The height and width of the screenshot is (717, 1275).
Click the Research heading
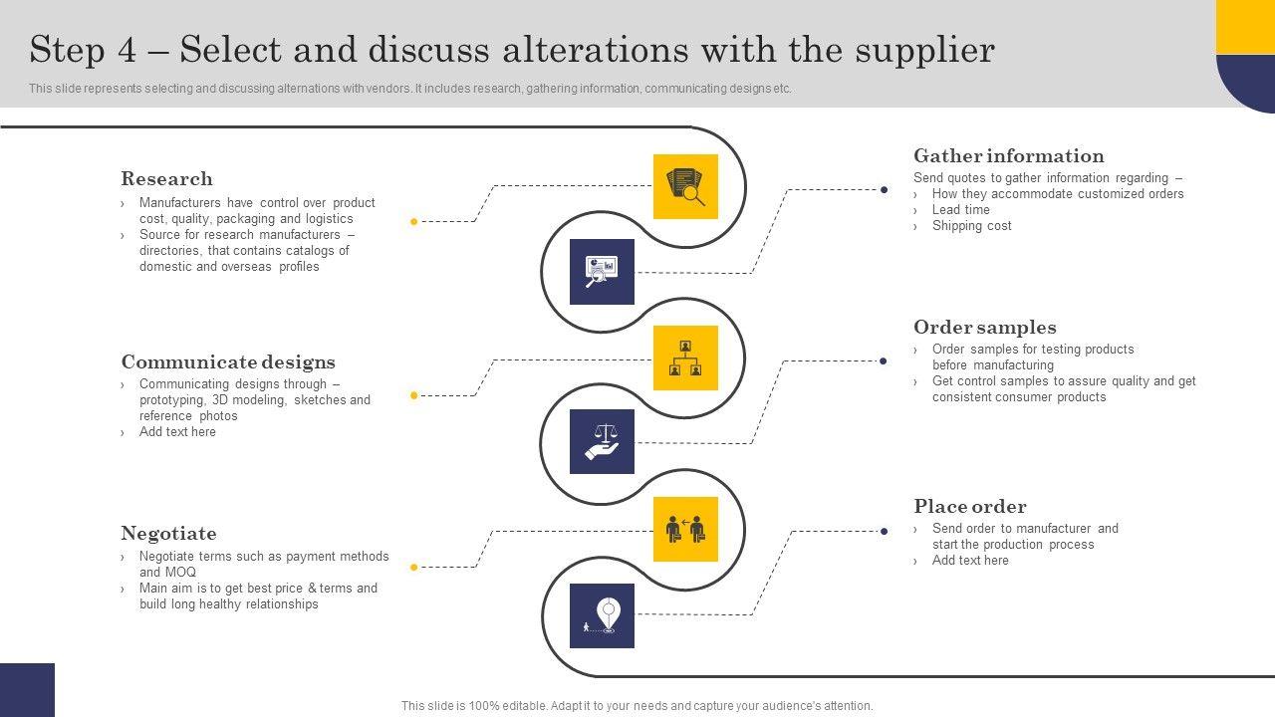point(166,178)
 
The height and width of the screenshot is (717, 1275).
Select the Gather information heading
point(1009,156)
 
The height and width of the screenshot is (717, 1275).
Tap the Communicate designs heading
point(228,361)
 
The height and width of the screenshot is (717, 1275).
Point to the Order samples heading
point(985,328)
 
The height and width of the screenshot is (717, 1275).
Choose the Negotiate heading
point(168,533)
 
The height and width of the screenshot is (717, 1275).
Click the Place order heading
point(970,507)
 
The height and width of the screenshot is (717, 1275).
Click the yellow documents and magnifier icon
point(685,186)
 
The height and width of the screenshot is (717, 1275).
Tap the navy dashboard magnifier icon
point(602,272)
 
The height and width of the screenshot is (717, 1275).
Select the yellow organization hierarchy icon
point(685,358)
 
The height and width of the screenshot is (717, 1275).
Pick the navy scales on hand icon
point(602,441)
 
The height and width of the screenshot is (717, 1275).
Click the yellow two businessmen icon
point(685,529)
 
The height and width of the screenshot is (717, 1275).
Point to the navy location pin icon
point(602,615)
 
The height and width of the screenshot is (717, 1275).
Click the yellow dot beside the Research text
point(413,221)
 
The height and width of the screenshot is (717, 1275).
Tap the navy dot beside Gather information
point(884,189)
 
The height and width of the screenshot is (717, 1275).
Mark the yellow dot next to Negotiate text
point(413,567)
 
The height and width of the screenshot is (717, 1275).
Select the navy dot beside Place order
point(884,531)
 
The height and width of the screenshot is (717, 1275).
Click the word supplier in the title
point(925,51)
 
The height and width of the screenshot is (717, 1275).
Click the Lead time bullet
point(961,209)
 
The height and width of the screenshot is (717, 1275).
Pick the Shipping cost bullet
point(971,225)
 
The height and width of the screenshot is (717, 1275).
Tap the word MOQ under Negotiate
point(180,572)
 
